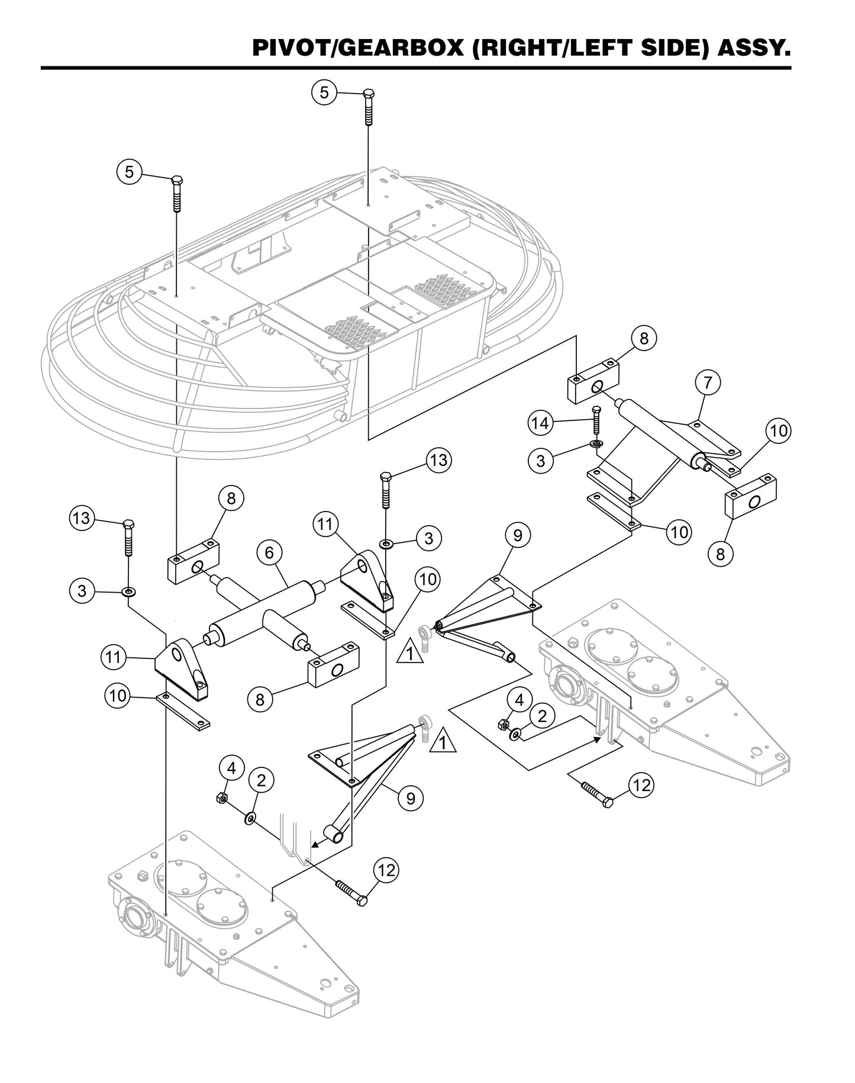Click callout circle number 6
tap(269, 554)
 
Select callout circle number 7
tap(708, 383)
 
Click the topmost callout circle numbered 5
tap(324, 93)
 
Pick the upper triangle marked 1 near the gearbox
tap(410, 654)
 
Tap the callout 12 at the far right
tap(641, 785)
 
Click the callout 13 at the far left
tap(82, 518)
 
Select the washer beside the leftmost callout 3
tap(128, 591)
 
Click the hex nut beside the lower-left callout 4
tap(220, 798)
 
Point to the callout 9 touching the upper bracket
tap(517, 535)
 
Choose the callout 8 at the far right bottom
tap(720, 554)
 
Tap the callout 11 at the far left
tap(113, 656)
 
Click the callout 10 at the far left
tap(118, 695)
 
